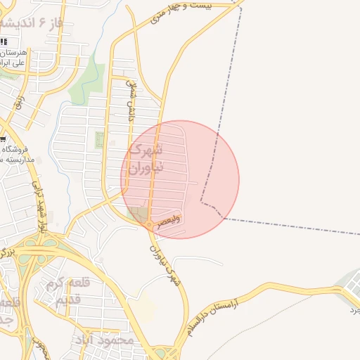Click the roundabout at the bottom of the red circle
(151, 224)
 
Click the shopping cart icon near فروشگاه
(4, 139)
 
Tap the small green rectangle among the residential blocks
(99, 139)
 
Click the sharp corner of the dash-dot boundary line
(201, 202)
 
